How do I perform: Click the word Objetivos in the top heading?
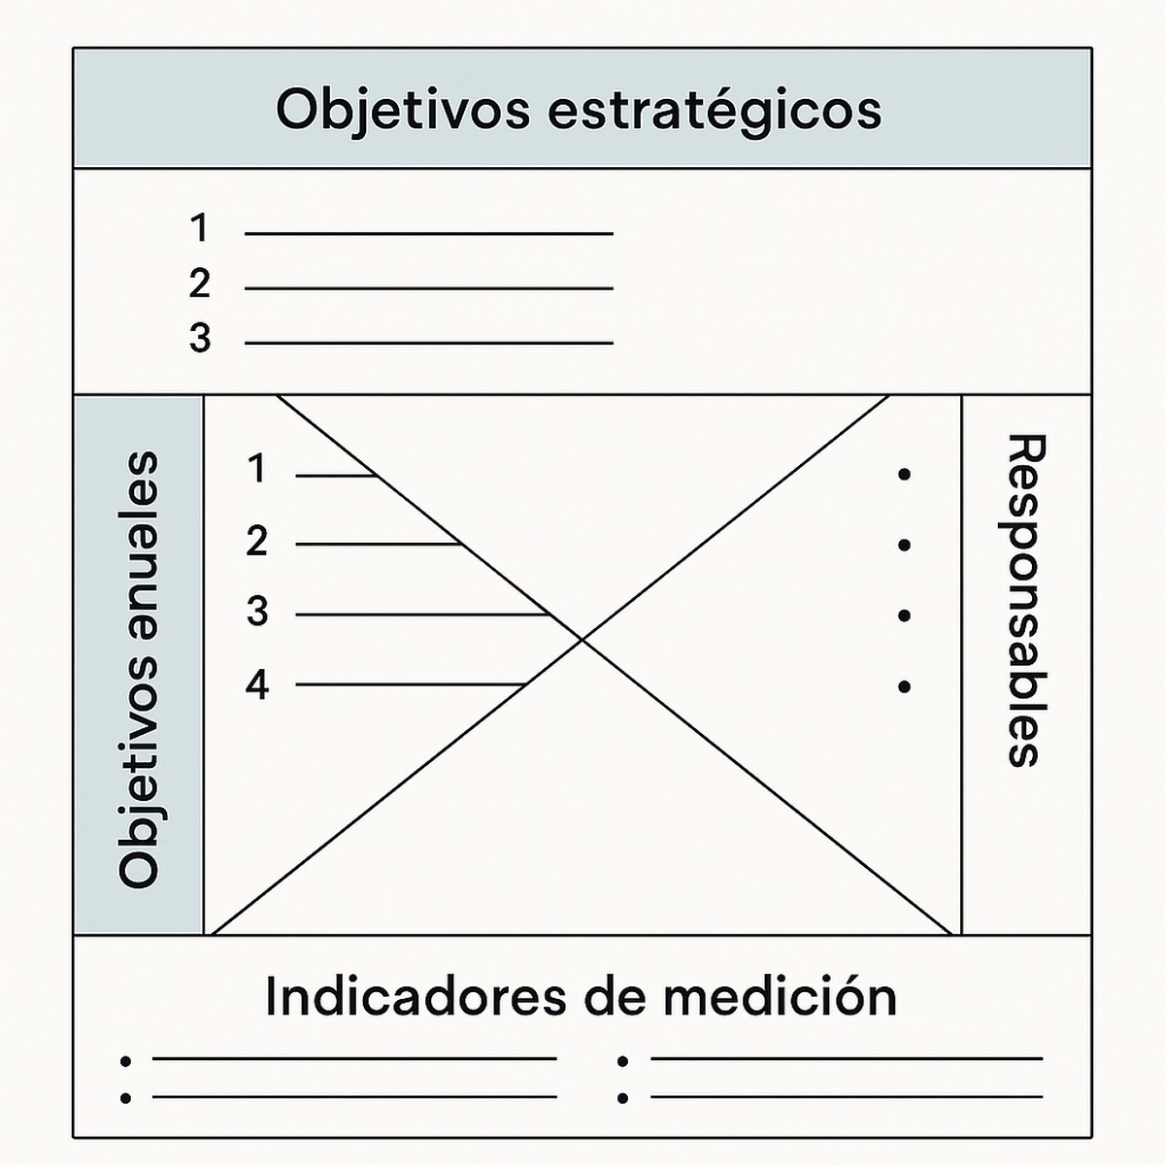402,110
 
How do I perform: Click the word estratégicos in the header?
715,110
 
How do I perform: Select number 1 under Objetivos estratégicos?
199,229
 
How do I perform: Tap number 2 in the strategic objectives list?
199,284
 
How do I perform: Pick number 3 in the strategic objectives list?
199,339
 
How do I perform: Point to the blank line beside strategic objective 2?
428,288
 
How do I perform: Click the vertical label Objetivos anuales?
138,669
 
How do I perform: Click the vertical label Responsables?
1024,600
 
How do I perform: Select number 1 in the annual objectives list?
256,470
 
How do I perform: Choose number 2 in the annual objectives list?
256,542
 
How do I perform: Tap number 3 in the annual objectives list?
256,613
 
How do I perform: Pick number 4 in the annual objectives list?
256,685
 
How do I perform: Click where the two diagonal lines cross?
582,639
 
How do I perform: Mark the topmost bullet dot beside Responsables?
905,475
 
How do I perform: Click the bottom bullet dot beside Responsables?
905,687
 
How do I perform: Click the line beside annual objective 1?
336,476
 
